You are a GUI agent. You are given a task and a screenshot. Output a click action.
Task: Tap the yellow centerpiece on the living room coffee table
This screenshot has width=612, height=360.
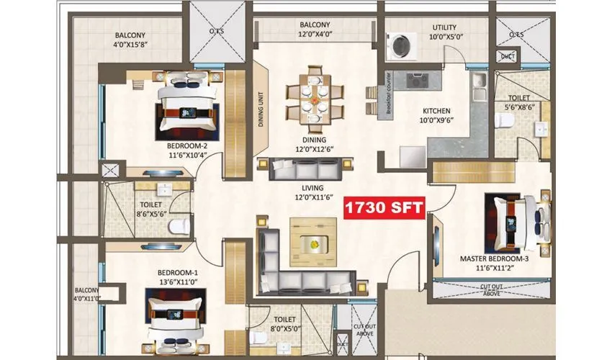pos(315,243)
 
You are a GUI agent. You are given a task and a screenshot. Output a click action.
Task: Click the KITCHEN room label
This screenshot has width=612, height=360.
pos(436,111)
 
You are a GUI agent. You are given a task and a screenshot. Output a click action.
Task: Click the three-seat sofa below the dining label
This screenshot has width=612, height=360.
pos(299,170)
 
